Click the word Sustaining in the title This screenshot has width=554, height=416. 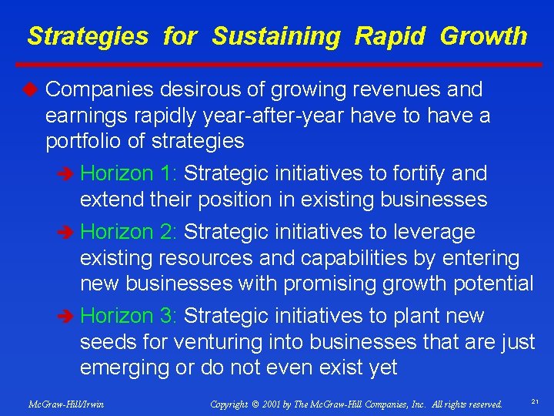pyautogui.click(x=275, y=36)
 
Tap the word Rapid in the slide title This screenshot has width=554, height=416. pyautogui.click(x=391, y=36)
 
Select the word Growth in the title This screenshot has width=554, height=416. pyautogui.click(x=483, y=36)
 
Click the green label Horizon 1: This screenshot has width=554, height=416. pyautogui.click(x=129, y=173)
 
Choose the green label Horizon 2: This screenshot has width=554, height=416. pyautogui.click(x=129, y=231)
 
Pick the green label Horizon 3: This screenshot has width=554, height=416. pyautogui.click(x=129, y=316)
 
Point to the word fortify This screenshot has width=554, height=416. pyautogui.click(x=416, y=173)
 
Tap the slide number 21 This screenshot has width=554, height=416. pyautogui.click(x=533, y=401)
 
